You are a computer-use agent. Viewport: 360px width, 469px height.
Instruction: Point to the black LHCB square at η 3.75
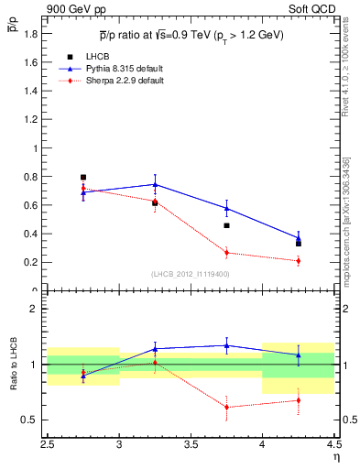226,225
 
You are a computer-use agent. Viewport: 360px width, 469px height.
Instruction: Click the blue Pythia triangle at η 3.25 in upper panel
155,184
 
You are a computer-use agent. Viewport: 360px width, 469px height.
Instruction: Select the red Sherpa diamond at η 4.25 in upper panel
298,261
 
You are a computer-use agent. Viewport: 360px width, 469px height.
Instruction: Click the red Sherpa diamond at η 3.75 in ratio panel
226,407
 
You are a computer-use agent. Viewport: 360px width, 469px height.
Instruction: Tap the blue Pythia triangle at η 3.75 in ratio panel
226,345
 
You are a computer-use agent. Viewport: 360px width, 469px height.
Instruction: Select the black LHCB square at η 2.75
83,177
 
